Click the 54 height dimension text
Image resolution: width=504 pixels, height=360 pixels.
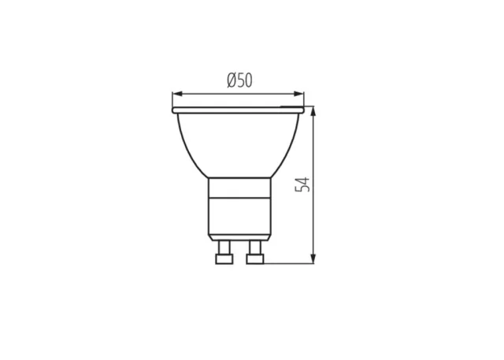click(302, 184)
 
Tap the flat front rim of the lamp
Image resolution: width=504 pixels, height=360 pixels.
click(238, 110)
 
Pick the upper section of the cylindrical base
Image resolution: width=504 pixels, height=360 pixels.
click(239, 187)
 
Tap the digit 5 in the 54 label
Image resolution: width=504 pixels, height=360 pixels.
click(302, 189)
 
